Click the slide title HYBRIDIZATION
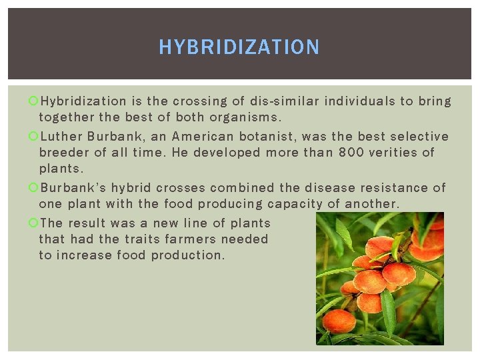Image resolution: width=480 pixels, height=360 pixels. pos(239,47)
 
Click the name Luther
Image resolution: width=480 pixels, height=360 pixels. pos(61,137)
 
